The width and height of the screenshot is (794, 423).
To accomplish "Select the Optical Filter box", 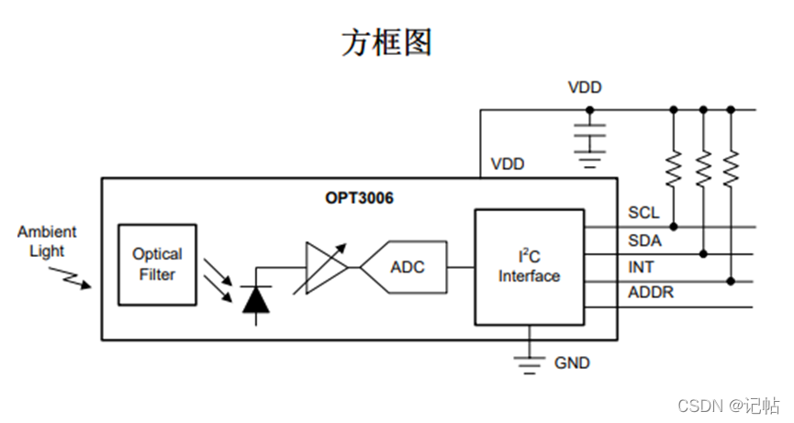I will click(x=157, y=264).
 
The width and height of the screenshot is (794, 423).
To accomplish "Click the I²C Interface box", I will click(x=529, y=266).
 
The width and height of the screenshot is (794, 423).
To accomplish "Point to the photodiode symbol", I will click(x=254, y=299).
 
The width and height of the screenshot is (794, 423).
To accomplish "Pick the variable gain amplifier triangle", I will click(x=323, y=268).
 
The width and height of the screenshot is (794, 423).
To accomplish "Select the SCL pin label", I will click(x=643, y=213).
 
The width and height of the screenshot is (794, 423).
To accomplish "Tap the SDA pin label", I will click(x=644, y=239).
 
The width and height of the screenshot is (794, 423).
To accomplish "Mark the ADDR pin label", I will click(x=650, y=293).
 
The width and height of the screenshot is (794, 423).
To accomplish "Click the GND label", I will click(x=572, y=363).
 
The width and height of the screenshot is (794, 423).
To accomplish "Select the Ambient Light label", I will click(x=47, y=241).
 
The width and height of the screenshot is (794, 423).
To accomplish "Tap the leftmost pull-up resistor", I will click(x=673, y=168).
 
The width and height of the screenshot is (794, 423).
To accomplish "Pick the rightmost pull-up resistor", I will click(x=731, y=168).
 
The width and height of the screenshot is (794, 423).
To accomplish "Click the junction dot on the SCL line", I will click(x=673, y=226).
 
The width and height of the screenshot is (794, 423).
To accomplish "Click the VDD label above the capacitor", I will click(x=585, y=88).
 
